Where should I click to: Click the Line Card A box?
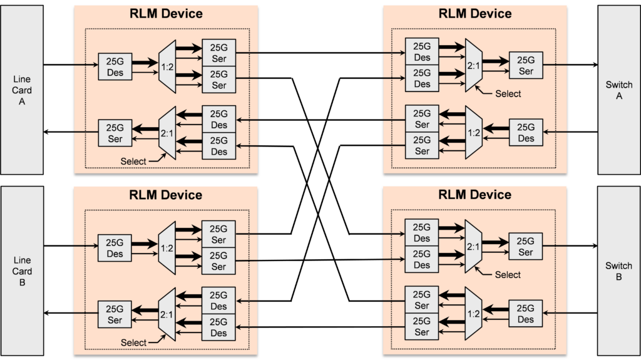21,90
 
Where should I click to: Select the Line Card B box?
21,271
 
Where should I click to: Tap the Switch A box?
619,90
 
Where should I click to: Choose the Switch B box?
619,271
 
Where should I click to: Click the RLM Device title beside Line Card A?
166,14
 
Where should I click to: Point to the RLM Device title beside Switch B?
474,195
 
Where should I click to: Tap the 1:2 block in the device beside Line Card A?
167,66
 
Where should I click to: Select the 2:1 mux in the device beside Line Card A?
167,133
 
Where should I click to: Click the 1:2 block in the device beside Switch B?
474,312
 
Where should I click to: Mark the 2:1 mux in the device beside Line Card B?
167,314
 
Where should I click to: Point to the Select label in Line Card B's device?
133,342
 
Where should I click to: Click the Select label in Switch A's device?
508,94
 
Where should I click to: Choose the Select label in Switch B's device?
508,275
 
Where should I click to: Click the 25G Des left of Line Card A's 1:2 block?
115,66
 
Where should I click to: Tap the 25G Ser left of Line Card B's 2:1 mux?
115,314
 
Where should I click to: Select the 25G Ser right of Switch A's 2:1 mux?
526,66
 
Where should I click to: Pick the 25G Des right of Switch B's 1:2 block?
526,314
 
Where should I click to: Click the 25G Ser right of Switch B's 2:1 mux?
526,247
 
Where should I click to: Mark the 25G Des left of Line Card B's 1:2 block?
115,248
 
